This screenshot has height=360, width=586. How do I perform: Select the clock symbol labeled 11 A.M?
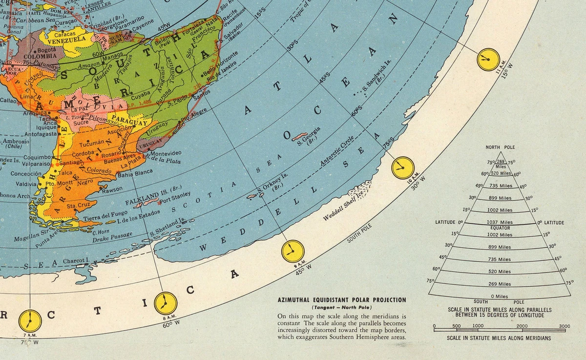[487, 60]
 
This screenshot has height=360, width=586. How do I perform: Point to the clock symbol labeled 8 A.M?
[166, 303]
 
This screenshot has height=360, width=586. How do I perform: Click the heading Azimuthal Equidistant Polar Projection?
[341, 300]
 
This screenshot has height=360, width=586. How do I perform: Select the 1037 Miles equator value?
[499, 222]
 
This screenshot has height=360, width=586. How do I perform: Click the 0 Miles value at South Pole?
[499, 296]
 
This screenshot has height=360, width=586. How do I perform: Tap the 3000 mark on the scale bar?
[564, 326]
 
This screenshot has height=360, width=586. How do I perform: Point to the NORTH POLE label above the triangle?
[500, 147]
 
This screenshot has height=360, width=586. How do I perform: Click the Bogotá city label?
[47, 50]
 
